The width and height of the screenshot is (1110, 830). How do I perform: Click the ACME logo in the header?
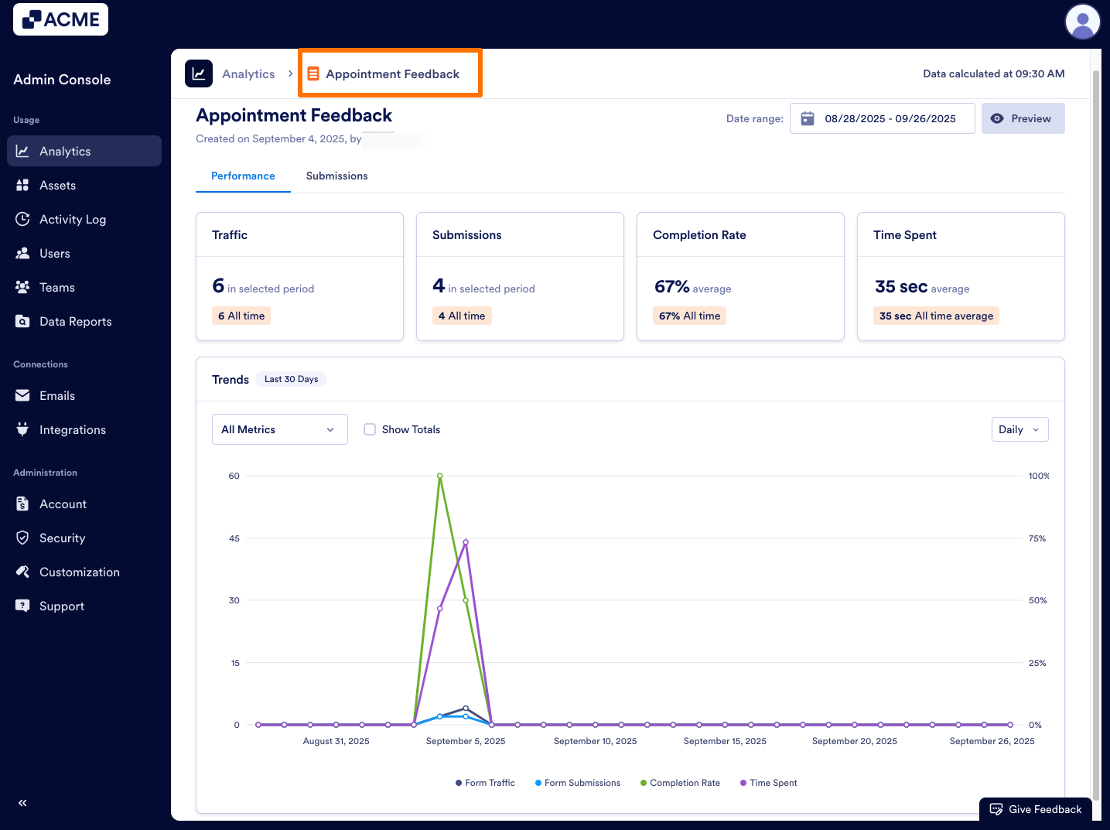click(60, 19)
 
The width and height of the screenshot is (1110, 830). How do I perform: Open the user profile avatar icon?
click(1082, 22)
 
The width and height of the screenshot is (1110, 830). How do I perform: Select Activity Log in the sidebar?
click(72, 220)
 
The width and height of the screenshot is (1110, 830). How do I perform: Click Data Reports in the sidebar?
click(75, 322)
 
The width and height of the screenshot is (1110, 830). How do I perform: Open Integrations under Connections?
click(72, 430)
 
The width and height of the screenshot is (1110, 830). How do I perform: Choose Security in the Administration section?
click(62, 538)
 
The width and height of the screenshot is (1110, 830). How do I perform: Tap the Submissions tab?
click(336, 176)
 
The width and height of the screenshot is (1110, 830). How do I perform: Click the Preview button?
click(1023, 118)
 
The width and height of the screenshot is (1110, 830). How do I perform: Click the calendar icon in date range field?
click(808, 118)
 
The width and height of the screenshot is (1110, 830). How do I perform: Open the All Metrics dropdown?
click(279, 429)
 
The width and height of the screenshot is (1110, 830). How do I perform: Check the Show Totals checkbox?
click(370, 429)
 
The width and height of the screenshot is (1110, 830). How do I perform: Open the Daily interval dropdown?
click(1019, 429)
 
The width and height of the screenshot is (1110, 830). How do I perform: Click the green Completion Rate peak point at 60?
click(439, 476)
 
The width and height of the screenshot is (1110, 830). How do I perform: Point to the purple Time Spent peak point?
click(466, 542)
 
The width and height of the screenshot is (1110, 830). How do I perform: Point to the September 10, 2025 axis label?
click(595, 741)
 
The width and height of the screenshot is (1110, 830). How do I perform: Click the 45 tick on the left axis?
click(234, 538)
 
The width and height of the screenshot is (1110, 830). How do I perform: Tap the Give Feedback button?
click(1036, 809)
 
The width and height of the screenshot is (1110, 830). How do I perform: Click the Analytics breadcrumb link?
click(248, 74)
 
